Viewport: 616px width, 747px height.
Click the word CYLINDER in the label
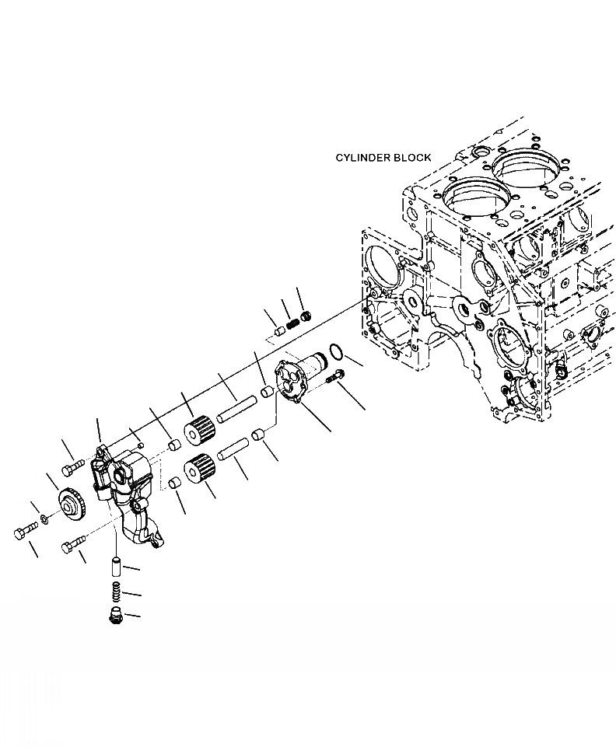coord(362,158)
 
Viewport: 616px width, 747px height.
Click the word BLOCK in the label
coord(411,158)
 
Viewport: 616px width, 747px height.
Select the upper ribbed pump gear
coord(199,430)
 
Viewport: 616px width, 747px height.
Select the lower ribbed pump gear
coord(200,471)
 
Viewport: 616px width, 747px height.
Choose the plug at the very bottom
coord(115,616)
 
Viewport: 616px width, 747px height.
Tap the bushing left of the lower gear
coord(175,484)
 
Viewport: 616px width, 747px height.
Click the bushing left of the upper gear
coord(175,445)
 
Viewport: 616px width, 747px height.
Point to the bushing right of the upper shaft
coord(268,390)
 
